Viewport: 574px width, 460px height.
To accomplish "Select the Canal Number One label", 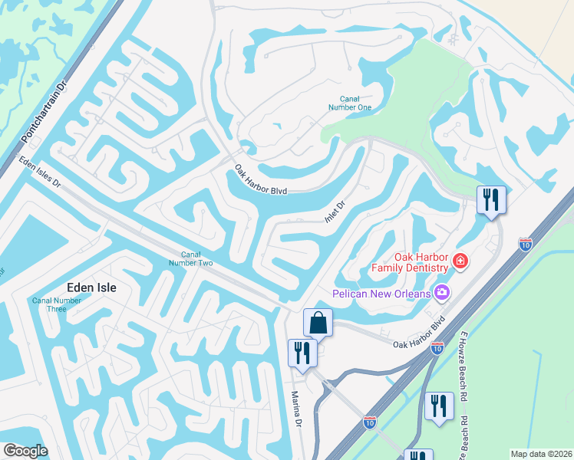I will tap(355, 103).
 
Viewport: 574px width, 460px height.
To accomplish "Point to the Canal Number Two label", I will tap(190, 259).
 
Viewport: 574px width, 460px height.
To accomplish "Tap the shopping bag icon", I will tap(318, 322).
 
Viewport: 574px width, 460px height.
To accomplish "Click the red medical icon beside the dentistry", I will tap(460, 262).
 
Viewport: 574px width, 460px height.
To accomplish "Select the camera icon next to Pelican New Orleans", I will tap(441, 292).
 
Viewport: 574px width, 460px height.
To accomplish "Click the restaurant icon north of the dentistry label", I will tap(490, 199).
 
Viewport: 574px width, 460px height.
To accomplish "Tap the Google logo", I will tap(25, 452).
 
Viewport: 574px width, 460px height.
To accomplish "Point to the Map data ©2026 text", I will tap(540, 454).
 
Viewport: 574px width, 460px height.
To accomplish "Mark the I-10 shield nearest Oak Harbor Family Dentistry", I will tap(525, 245).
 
